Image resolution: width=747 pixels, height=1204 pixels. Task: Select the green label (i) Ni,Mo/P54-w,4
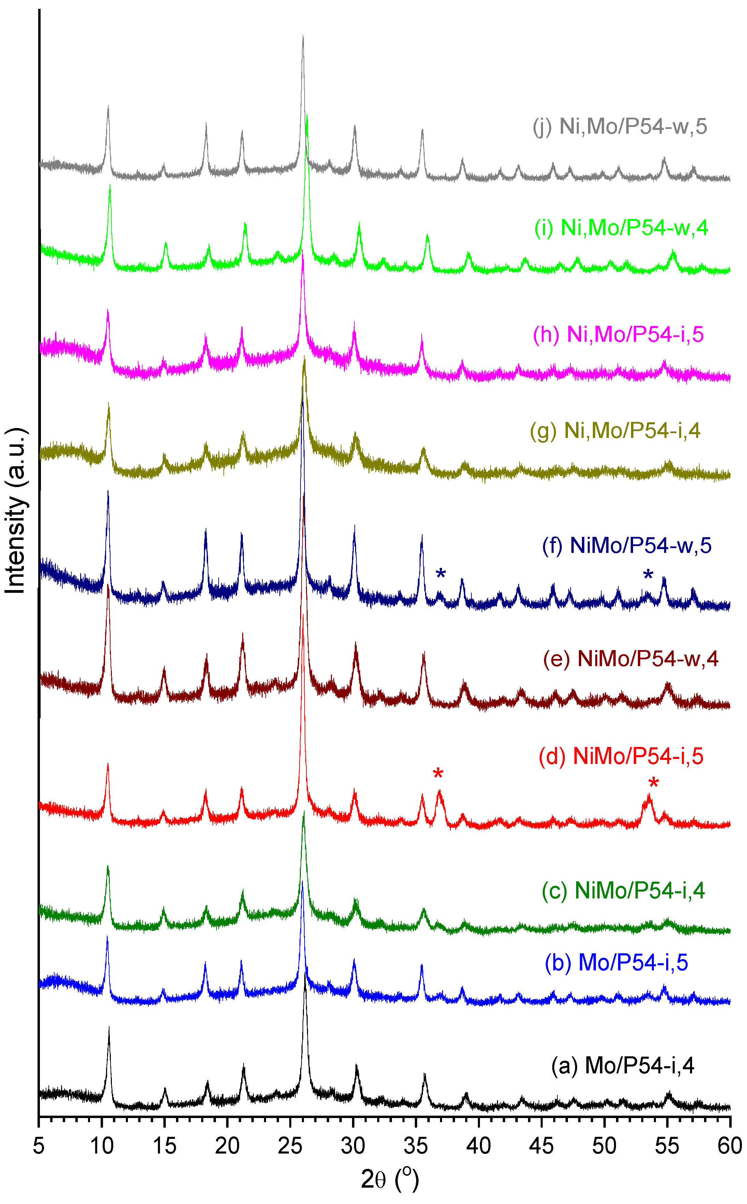coord(621,228)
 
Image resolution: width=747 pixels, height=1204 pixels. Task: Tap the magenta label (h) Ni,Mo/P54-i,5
coord(618,335)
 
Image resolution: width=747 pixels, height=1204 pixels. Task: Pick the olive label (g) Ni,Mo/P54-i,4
coord(615,431)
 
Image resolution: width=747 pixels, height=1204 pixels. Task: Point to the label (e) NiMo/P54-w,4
coord(630,659)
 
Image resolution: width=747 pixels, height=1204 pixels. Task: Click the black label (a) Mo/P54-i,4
coord(622,1066)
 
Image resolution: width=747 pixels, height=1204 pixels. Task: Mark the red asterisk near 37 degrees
coord(438,775)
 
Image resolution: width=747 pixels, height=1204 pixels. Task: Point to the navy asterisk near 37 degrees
coord(441,574)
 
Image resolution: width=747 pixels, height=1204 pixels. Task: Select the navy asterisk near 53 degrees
coord(648,575)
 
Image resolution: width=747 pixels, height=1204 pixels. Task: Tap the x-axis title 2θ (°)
coord(390,1179)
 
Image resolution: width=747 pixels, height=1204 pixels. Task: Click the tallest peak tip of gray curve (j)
coord(303,36)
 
